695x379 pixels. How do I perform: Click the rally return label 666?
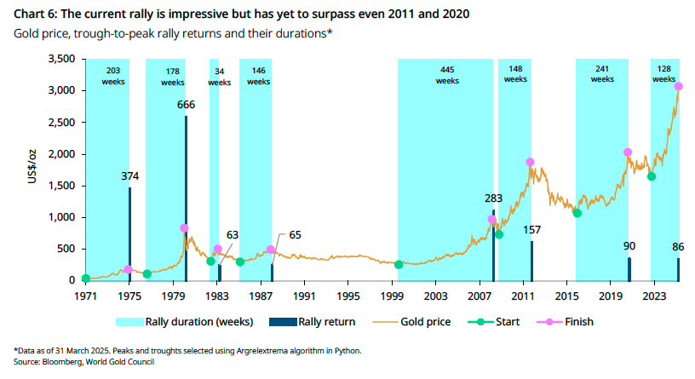coord(186,105)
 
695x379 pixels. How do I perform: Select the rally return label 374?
coord(129,176)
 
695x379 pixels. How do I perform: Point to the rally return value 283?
coord(494,198)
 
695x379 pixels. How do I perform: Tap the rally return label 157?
coord(531,230)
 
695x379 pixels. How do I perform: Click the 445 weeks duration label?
coord(446,75)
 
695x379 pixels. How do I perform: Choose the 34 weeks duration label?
coord(220,77)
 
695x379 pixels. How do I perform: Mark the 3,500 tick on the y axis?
coord(60,60)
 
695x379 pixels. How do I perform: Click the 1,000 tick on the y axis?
coord(60,217)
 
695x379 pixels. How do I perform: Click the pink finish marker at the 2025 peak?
coord(678,87)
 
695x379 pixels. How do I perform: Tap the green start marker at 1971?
coord(85,279)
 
